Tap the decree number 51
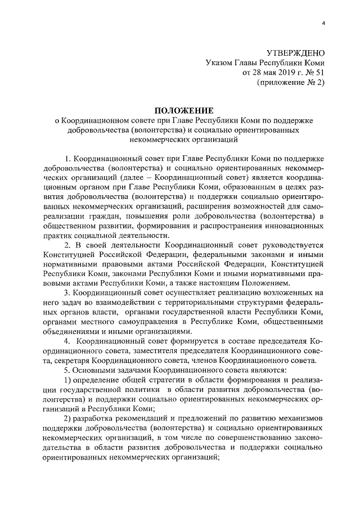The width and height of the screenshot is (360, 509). pos(319,73)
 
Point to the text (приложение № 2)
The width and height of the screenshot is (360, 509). pos(290,83)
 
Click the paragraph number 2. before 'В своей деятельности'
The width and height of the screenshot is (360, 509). pos(67,245)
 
